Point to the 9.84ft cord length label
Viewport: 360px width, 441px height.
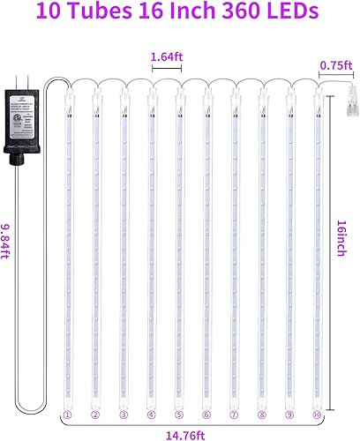(x=8, y=238)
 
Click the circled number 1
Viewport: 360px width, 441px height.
(x=67, y=414)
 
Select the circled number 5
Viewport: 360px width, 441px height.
(x=179, y=414)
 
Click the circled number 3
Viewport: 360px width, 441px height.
(x=124, y=414)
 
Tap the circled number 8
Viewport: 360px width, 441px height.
(x=262, y=414)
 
